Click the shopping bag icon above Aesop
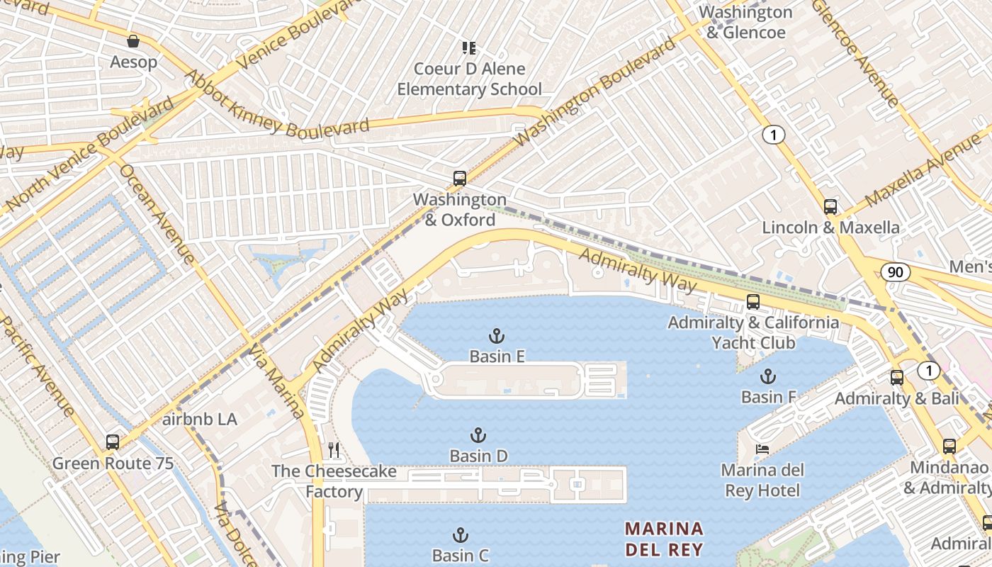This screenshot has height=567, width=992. click(133, 41)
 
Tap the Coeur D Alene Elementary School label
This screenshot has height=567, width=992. click(469, 79)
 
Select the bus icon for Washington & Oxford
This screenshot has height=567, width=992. click(460, 179)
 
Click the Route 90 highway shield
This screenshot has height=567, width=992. click(896, 271)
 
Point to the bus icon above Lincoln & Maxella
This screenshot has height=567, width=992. click(830, 207)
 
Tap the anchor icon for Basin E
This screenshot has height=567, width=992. click(497, 335)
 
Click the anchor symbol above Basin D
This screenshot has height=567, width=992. click(478, 435)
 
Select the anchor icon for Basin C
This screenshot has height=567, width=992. click(461, 535)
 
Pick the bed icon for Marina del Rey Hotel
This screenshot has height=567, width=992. click(762, 449)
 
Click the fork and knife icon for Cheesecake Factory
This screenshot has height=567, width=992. click(334, 450)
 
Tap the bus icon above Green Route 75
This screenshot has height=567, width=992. click(113, 442)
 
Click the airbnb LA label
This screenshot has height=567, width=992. click(199, 419)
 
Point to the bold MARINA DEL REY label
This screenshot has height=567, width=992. click(664, 539)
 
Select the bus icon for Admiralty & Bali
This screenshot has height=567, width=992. click(897, 377)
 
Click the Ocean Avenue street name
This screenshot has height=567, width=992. click(157, 214)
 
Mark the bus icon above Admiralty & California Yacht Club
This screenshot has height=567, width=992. click(753, 302)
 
